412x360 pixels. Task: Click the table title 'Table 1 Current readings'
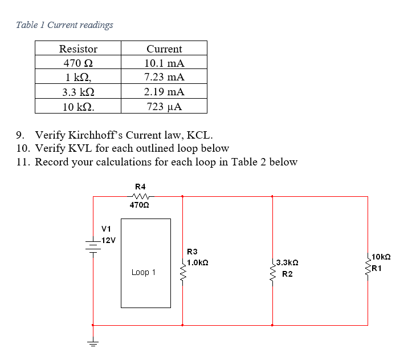[64, 25]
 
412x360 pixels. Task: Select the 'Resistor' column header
[78, 49]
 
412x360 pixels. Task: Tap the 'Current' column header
[164, 49]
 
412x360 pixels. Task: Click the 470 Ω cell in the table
[78, 63]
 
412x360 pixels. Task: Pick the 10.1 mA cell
[164, 63]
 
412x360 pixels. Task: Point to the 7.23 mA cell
[164, 77]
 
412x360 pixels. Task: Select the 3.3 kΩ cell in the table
[78, 92]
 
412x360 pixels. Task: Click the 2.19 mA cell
[164, 92]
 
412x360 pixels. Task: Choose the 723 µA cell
[164, 107]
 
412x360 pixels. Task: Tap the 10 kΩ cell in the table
[78, 107]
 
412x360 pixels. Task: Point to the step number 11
[23, 162]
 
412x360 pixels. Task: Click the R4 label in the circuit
[140, 187]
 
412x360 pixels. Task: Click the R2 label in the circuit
[288, 274]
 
